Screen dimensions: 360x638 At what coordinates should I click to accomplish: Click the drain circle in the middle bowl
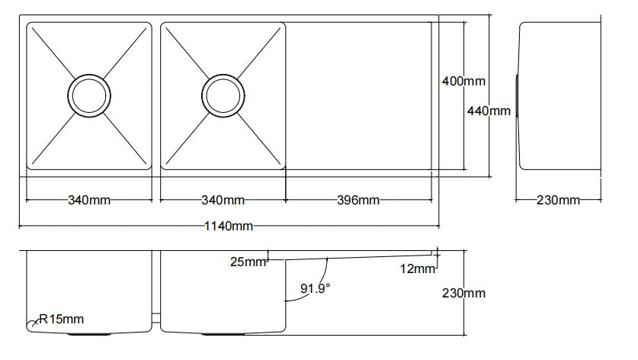223,95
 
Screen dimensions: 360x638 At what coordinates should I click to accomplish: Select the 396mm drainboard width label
358,201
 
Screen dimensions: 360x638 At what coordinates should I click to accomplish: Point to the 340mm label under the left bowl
89,201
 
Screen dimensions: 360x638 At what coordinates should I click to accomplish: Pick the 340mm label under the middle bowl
223,201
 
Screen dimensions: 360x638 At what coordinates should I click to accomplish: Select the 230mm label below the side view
558,201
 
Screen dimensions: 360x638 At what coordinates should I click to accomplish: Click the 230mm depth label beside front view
463,293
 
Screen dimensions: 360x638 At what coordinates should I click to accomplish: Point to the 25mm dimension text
248,262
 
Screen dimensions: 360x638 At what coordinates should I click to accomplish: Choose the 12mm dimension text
417,268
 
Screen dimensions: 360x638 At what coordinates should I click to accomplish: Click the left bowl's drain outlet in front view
91,333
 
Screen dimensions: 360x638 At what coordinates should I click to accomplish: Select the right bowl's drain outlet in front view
223,333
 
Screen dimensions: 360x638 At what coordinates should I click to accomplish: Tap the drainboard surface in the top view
358,95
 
